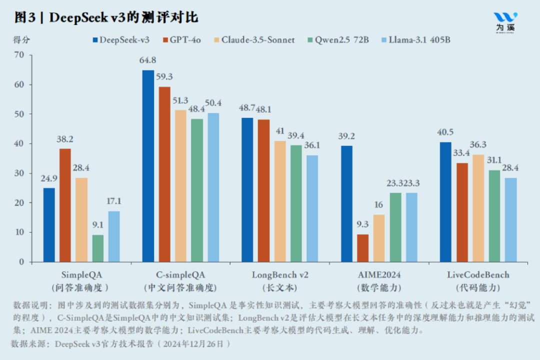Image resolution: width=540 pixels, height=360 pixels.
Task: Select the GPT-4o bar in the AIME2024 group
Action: point(363,248)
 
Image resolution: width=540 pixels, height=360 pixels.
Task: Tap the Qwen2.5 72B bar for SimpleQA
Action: point(98,248)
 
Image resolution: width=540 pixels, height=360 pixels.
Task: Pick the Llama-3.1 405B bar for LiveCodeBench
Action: point(510,220)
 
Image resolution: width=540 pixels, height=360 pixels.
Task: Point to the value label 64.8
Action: point(148,60)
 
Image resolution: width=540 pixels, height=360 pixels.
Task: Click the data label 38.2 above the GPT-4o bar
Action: point(65,139)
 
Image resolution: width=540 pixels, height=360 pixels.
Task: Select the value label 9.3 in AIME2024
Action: point(363,225)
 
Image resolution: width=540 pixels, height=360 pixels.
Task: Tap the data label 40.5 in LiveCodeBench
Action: point(445,132)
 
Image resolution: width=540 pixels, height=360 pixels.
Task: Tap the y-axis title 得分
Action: point(21,39)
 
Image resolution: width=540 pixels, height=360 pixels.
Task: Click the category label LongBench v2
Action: point(280,275)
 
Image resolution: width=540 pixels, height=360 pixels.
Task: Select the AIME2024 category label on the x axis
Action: point(379,275)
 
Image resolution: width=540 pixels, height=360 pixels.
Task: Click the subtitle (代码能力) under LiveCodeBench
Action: point(478,288)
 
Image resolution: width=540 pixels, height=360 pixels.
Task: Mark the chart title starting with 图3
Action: point(106,17)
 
